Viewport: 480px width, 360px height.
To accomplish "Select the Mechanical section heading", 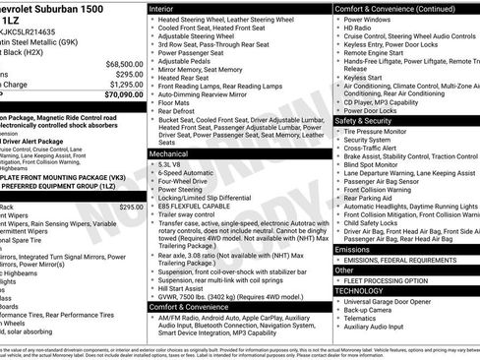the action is [x=173, y=154].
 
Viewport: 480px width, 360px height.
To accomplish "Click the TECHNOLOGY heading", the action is [x=359, y=291].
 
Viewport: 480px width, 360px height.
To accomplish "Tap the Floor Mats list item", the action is [x=174, y=101].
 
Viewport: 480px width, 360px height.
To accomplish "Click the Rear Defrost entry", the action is [x=178, y=110].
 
